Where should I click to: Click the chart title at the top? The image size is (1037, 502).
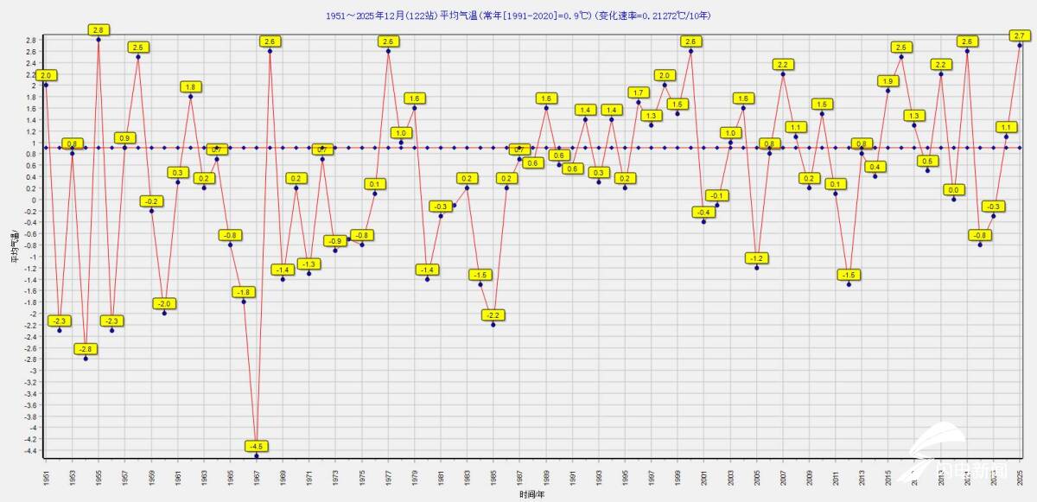point(518,16)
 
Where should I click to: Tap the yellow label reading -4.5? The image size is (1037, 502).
point(257,447)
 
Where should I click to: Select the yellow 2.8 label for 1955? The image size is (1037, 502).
point(98,30)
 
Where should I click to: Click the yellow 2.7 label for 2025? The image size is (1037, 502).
point(1019,35)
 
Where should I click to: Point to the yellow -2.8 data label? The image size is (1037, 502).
point(85,349)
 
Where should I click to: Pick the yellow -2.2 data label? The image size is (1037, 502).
point(493,315)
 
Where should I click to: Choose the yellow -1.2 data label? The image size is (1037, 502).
point(757,258)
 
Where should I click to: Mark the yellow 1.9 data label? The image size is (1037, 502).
point(888,81)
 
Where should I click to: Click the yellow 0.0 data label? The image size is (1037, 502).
point(954,190)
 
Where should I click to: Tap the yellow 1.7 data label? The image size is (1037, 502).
point(639,92)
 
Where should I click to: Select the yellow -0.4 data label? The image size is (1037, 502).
point(703,213)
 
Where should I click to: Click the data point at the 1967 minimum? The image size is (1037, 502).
point(257,455)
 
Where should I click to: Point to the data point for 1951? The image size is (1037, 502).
point(46,85)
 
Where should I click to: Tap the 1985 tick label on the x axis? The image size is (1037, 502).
point(493,476)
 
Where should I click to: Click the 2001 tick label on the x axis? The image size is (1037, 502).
point(704,476)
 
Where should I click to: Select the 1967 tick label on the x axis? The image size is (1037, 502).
point(257,476)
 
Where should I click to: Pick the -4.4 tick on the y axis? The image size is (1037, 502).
point(32,450)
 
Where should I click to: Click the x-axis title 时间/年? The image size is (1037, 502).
point(532,495)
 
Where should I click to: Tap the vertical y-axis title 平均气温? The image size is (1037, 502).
point(14,245)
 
